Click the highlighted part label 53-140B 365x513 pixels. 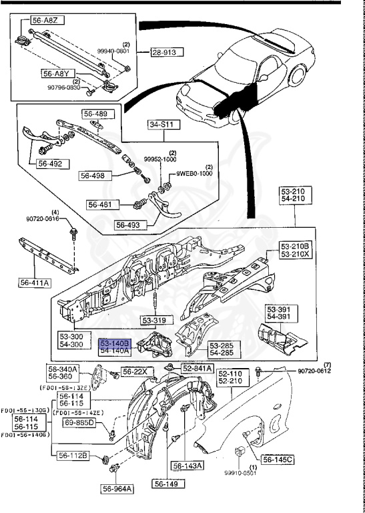115,343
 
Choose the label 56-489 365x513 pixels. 95,113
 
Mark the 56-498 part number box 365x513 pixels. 93,176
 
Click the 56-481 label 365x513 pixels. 101,204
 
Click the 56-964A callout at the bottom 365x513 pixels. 117,489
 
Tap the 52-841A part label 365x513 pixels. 197,368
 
